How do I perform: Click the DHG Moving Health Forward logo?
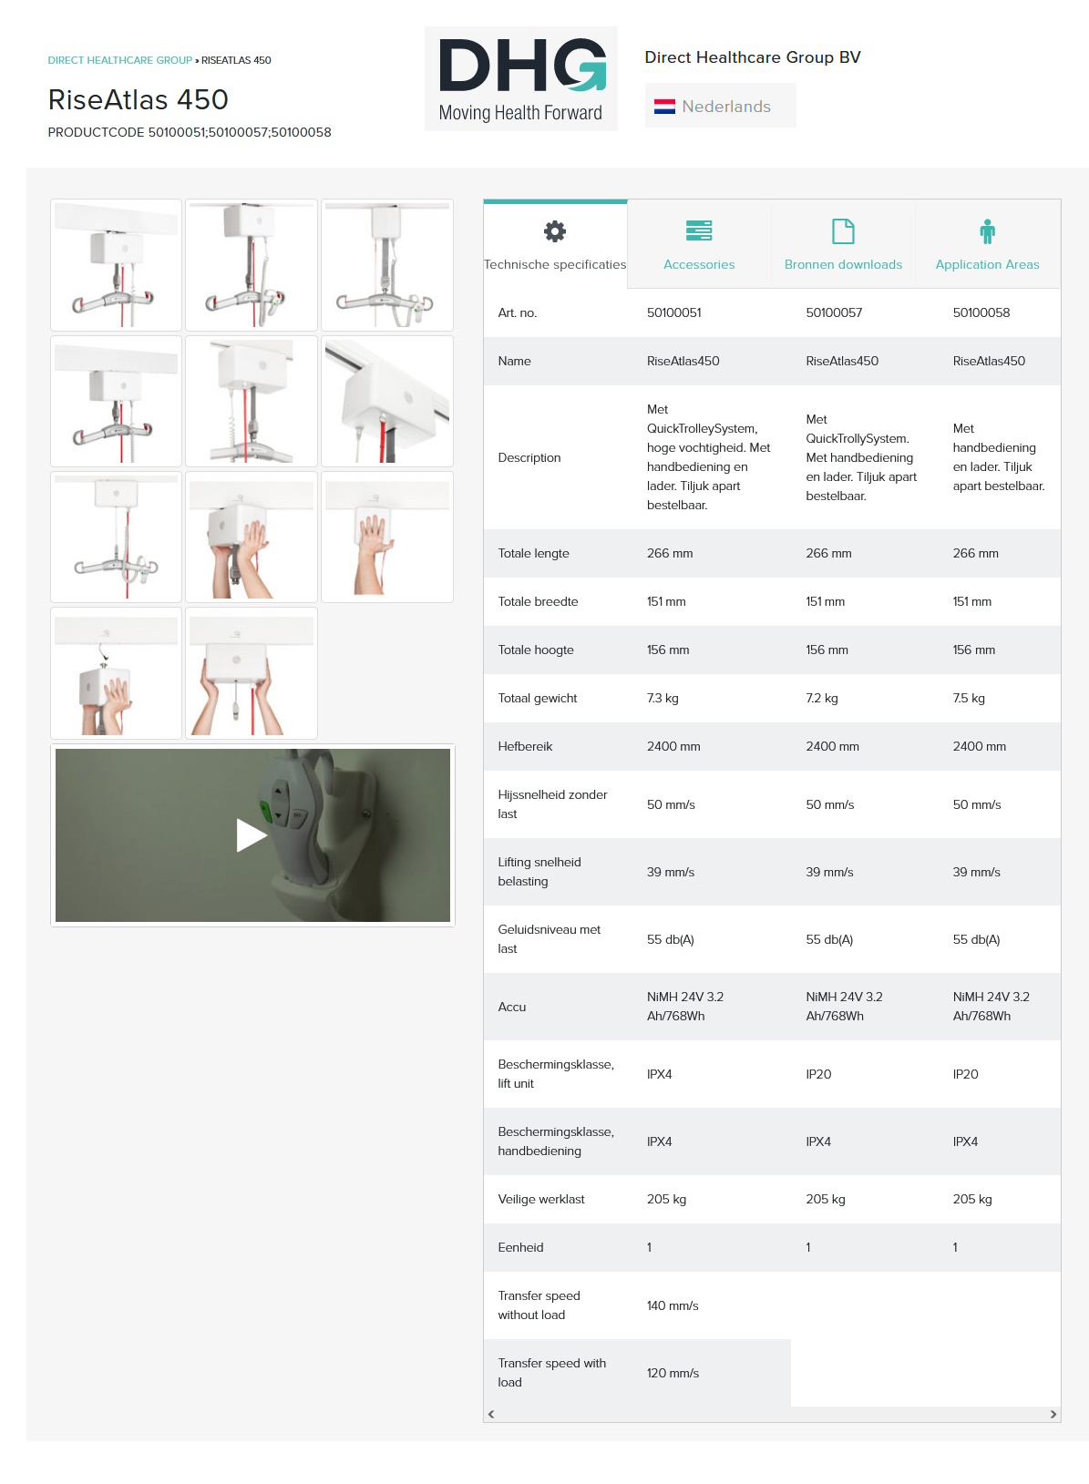[520, 79]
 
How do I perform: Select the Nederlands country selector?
[720, 106]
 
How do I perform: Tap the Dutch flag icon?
[664, 106]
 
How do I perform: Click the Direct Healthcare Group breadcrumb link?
[120, 60]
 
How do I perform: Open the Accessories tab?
[699, 244]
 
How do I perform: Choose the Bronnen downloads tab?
[842, 244]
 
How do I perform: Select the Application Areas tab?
[987, 244]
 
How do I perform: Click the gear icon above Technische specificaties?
[555, 231]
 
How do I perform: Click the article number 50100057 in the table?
[834, 312]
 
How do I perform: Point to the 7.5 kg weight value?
[969, 699]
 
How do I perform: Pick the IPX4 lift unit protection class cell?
[659, 1074]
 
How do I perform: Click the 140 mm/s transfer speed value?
[673, 1305]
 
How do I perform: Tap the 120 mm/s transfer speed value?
[673, 1373]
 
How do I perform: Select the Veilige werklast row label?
[540, 1199]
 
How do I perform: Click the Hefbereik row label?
[525, 747]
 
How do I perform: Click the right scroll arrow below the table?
[1053, 1414]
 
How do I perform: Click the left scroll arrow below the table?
[491, 1414]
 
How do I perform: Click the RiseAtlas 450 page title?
[138, 100]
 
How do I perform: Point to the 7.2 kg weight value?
[822, 699]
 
